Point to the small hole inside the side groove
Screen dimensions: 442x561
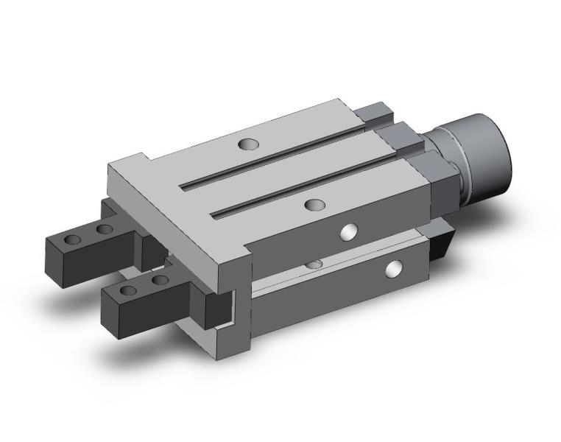click(314, 264)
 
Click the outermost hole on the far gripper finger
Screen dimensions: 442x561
click(72, 240)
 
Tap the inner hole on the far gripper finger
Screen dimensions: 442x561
click(105, 230)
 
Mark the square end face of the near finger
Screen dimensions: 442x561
click(114, 310)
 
